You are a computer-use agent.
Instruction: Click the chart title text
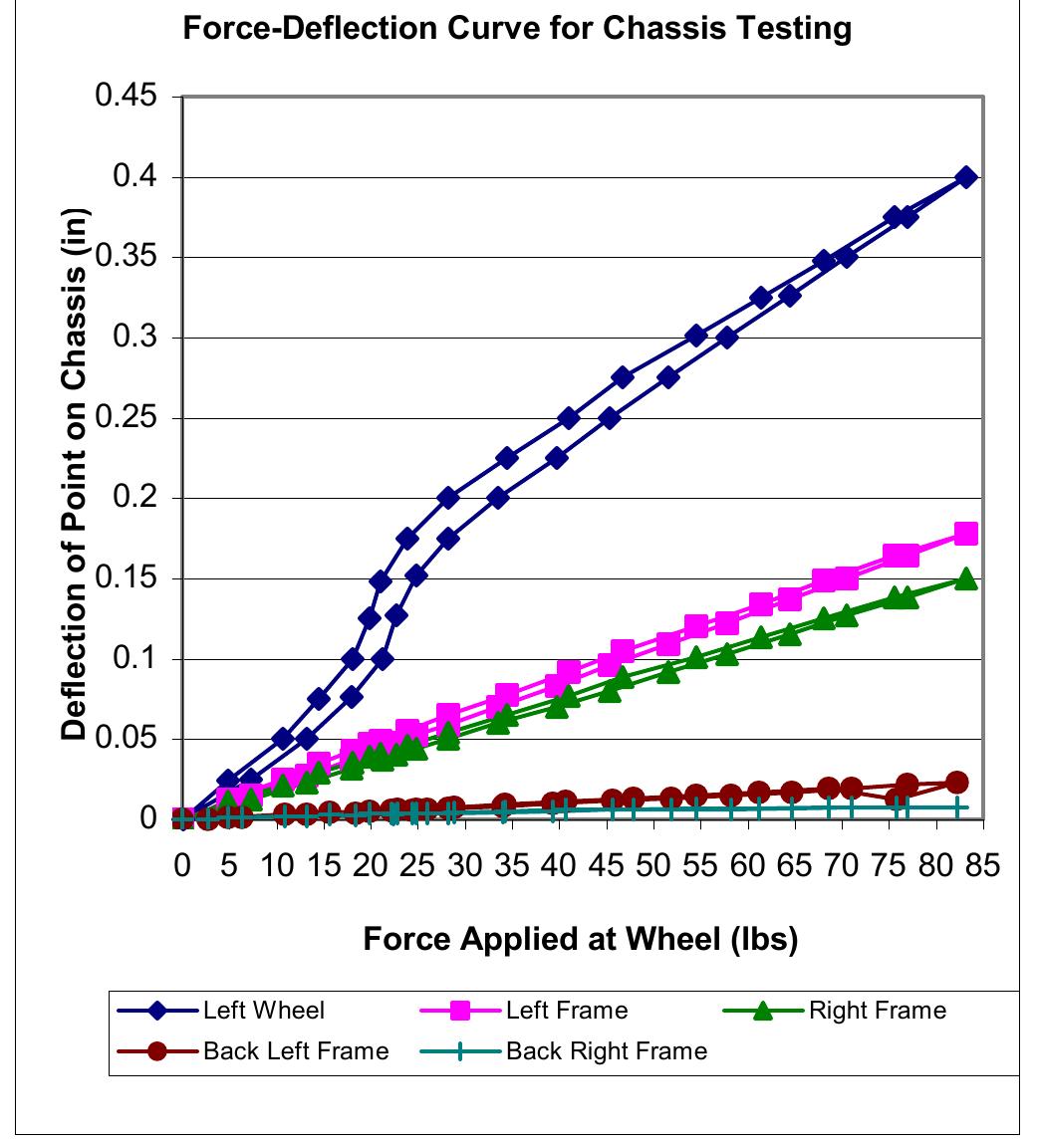pyautogui.click(x=518, y=29)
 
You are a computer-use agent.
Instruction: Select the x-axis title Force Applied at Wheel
pyautogui.click(x=580, y=939)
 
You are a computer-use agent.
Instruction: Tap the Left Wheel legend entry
pyautogui.click(x=263, y=1011)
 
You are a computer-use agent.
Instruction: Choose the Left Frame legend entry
pyautogui.click(x=567, y=1011)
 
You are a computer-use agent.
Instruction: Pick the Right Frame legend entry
pyautogui.click(x=877, y=1011)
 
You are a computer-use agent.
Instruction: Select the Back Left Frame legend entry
pyautogui.click(x=295, y=1050)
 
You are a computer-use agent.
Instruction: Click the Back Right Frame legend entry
pyautogui.click(x=607, y=1050)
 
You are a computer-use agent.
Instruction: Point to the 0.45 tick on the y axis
pyautogui.click(x=127, y=98)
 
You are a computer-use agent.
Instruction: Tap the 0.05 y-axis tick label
pyautogui.click(x=127, y=740)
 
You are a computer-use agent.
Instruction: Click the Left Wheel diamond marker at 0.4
pyautogui.click(x=965, y=177)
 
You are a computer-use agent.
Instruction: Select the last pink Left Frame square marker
pyautogui.click(x=965, y=534)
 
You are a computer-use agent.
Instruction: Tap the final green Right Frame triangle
pyautogui.click(x=965, y=578)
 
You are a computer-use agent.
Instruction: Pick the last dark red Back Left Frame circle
pyautogui.click(x=957, y=783)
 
